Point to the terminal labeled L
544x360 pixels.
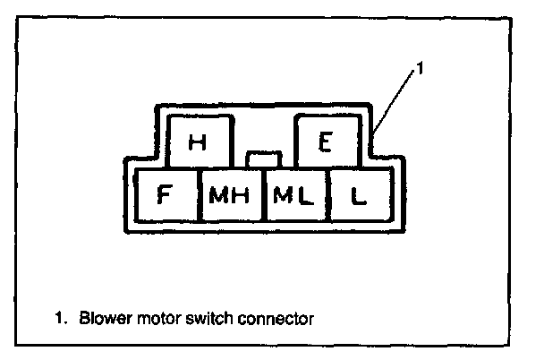click(x=359, y=196)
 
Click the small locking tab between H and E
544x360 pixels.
click(x=263, y=159)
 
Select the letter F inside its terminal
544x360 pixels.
click(x=165, y=196)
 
